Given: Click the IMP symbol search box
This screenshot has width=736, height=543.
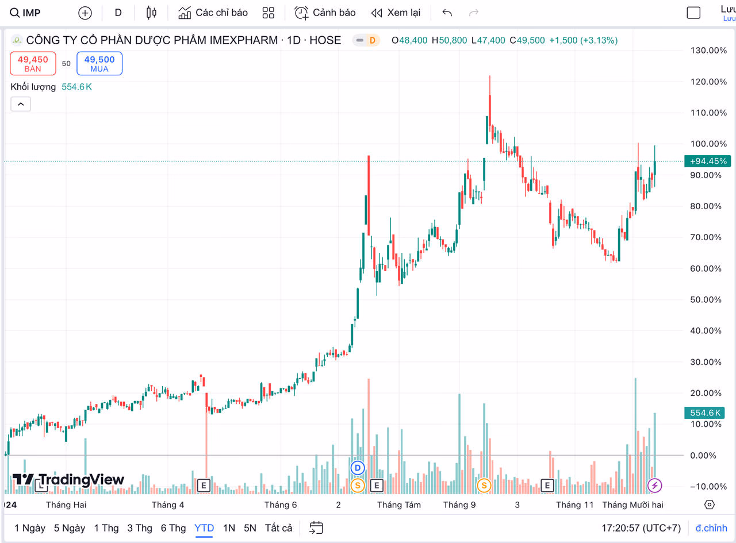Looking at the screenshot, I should click(26, 13).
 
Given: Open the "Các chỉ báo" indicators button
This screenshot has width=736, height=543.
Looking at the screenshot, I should click(213, 13).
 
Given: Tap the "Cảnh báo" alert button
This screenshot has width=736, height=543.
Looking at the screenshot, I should click(325, 13).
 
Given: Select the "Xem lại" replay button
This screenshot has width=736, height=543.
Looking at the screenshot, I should click(396, 13).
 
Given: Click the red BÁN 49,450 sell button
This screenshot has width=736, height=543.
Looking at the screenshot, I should click(33, 63).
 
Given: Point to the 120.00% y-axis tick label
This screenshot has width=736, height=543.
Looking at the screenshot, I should click(709, 82).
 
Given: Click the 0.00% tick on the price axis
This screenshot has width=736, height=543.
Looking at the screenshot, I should click(711, 455).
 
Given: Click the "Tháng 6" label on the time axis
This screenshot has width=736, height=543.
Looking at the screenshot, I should click(281, 505).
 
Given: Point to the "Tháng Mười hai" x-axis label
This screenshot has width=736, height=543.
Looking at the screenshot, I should click(632, 505).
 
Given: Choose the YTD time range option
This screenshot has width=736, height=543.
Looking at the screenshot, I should click(204, 527).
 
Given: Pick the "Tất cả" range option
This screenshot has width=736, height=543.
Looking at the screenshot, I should click(278, 527).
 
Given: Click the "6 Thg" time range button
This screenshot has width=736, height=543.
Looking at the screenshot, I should click(173, 527).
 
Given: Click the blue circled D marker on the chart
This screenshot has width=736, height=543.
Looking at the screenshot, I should click(358, 468).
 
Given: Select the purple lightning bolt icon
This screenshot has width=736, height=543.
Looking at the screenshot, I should click(654, 486).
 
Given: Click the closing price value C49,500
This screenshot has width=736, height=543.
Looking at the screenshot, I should click(527, 40).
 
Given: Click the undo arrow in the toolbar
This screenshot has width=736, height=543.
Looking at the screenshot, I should click(447, 13).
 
